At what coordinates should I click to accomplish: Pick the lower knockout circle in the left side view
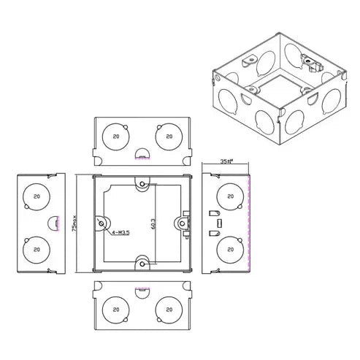pyautogui.click(x=34, y=249)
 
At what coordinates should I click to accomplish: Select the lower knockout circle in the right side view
pyautogui.click(x=231, y=249)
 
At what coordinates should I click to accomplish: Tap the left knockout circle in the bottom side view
pyautogui.click(x=114, y=309)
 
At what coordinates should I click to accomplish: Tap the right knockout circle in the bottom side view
pyautogui.click(x=169, y=309)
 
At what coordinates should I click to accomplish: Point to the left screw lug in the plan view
pyautogui.click(x=102, y=221)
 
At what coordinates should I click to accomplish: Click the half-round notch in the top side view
pyautogui.click(x=142, y=154)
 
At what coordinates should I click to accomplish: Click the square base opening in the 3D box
pyautogui.click(x=282, y=93)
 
